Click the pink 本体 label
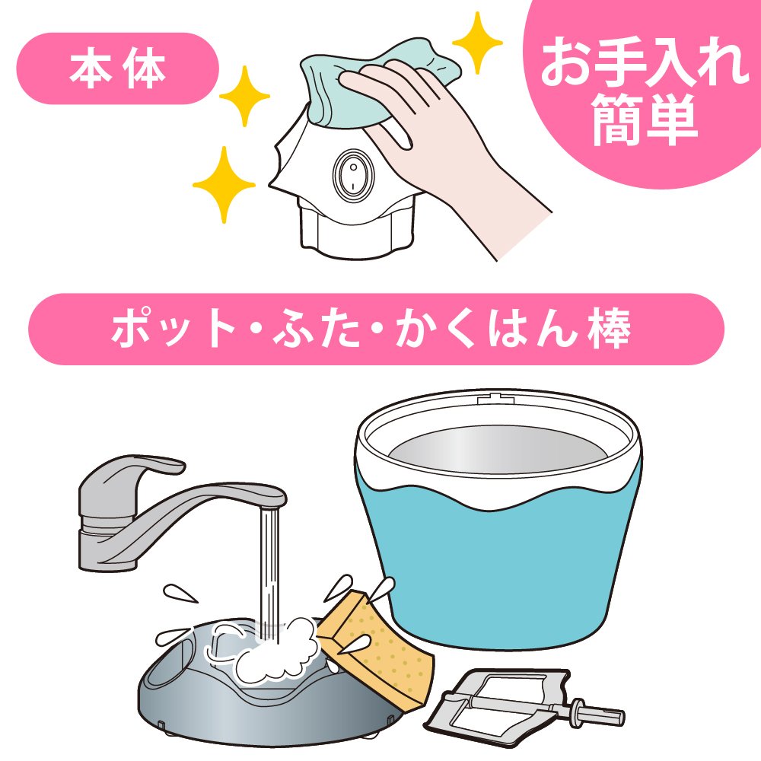click(118, 68)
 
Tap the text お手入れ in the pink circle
click(645, 62)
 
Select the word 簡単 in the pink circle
click(645, 119)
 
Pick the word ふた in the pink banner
click(316, 329)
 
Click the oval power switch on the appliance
click(353, 174)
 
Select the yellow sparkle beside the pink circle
click(477, 43)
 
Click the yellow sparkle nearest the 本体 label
click(244, 96)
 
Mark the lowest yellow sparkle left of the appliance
click(224, 184)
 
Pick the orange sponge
click(376, 645)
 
